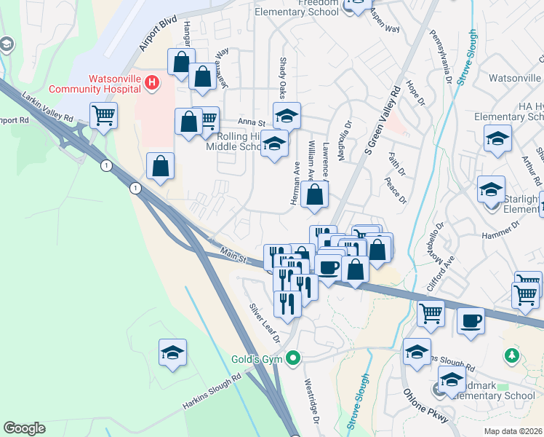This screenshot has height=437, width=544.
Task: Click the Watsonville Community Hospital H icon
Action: pyautogui.click(x=151, y=83)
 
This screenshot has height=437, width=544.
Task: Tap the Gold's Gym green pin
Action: pyautogui.click(x=293, y=358)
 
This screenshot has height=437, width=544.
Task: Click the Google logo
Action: pyautogui.click(x=24, y=428)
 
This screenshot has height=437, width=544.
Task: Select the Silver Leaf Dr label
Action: pyautogui.click(x=264, y=322)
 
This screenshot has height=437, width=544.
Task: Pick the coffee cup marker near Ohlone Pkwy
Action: pyautogui.click(x=471, y=320)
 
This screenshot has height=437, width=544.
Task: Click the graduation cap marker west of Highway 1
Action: pyautogui.click(x=172, y=353)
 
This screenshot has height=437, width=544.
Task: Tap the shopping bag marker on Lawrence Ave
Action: pyautogui.click(x=315, y=194)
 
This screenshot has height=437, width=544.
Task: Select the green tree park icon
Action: pyautogui.click(x=511, y=355)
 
